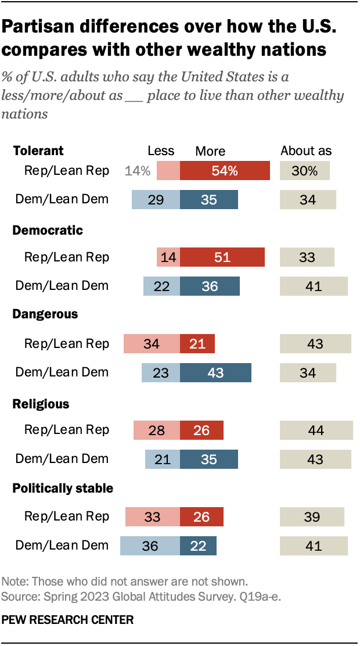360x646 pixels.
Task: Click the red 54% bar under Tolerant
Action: (225, 171)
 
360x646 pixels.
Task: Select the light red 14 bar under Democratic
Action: (168, 257)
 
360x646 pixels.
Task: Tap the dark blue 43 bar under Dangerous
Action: (215, 373)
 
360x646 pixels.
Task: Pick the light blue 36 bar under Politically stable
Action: (150, 545)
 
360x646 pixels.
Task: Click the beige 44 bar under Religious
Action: (316, 430)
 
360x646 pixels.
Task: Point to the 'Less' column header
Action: (161, 151)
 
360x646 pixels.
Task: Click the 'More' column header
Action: (210, 151)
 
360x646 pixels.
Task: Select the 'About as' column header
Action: (306, 151)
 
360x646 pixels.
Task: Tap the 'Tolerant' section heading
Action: (38, 151)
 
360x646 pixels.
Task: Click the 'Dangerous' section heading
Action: (45, 314)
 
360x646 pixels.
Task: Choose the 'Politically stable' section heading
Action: (63, 489)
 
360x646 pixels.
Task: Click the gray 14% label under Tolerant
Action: (138, 171)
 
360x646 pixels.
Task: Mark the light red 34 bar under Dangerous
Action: (152, 344)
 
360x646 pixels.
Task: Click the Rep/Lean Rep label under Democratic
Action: (66, 257)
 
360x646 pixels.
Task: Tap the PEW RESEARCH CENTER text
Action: (67, 620)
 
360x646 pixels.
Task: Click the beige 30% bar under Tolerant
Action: (305, 171)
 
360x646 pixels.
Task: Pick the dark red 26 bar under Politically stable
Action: (201, 517)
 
